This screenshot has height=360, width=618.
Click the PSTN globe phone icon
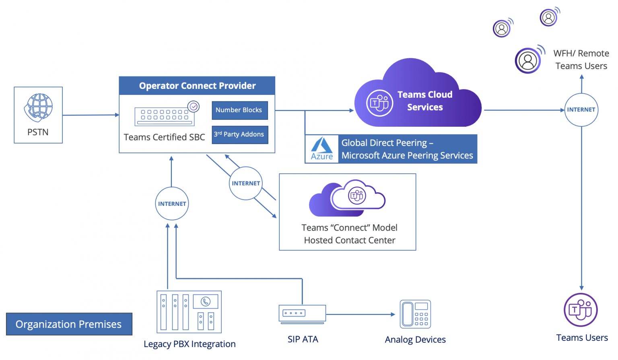[39, 107]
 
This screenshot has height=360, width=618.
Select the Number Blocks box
[240, 110]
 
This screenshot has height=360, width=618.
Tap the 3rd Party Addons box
[240, 134]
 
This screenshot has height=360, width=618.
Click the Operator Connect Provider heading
[197, 86]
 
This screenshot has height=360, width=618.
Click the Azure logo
[322, 149]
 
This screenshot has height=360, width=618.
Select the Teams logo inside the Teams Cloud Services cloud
[379, 103]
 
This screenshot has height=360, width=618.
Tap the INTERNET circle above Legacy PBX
[172, 204]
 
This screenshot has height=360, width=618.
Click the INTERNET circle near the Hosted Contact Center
[246, 183]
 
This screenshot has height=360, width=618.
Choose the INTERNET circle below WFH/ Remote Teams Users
[581, 110]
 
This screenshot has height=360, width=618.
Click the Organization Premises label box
[69, 324]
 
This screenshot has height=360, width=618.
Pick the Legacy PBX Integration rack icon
[189, 312]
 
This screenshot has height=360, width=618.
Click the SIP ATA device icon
[302, 314]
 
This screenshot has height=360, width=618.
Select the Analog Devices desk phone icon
[415, 314]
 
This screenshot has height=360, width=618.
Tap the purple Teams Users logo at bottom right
[581, 310]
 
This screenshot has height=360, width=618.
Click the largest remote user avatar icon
[528, 61]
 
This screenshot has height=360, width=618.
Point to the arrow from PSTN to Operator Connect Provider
[91, 115]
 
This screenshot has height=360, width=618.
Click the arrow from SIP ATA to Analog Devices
[360, 315]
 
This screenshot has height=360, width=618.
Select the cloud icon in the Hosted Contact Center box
[347, 197]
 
